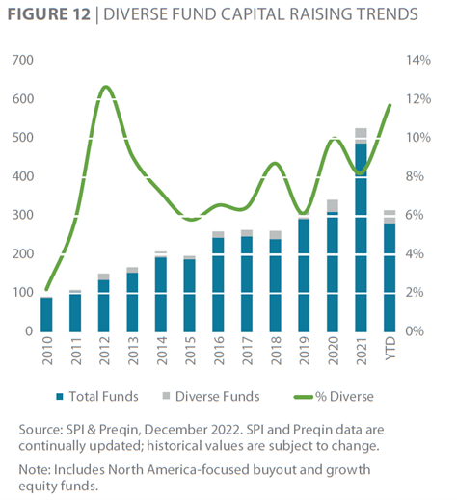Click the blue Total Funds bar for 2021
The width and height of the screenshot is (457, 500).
point(361,238)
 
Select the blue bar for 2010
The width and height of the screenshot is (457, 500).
point(46,315)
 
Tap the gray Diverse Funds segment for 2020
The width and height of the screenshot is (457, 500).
point(333,205)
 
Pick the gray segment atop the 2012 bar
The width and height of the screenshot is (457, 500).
point(103,276)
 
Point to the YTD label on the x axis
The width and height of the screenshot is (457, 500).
point(390,349)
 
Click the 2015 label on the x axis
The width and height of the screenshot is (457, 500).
point(190,351)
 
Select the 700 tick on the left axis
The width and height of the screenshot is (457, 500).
point(23,60)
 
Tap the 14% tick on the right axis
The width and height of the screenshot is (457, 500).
point(418,60)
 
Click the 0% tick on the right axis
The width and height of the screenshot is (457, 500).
point(415,331)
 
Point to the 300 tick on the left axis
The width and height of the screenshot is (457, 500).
point(23,215)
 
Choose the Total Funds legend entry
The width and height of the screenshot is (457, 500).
point(97,396)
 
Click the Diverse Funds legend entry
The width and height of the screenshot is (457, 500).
point(211,396)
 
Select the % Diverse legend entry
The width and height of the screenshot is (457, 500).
point(335,397)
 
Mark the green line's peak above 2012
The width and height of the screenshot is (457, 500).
point(105,87)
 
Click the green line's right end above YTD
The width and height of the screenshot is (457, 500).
point(390,105)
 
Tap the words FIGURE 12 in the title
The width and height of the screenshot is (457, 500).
point(49,14)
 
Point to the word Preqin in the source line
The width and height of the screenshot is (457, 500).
point(118,430)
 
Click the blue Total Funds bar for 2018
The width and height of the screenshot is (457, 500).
point(275,285)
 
